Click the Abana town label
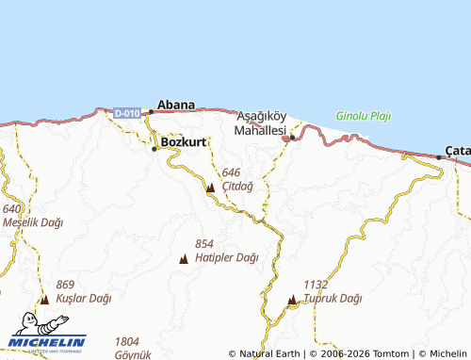click(x=176, y=105)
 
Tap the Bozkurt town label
click(x=183, y=142)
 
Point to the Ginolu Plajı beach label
click(x=363, y=117)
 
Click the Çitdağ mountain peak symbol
click(x=210, y=188)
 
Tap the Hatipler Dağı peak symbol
click(x=183, y=258)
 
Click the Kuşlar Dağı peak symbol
click(x=44, y=300)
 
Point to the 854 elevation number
click(x=204, y=243)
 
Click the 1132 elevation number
click(x=316, y=284)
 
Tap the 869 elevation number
click(x=65, y=285)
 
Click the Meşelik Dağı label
click(x=32, y=222)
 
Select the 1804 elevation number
click(x=127, y=341)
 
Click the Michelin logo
click(x=47, y=341)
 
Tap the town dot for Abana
click(x=150, y=112)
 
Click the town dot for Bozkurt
click(x=154, y=148)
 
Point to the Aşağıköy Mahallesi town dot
click(x=292, y=138)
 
